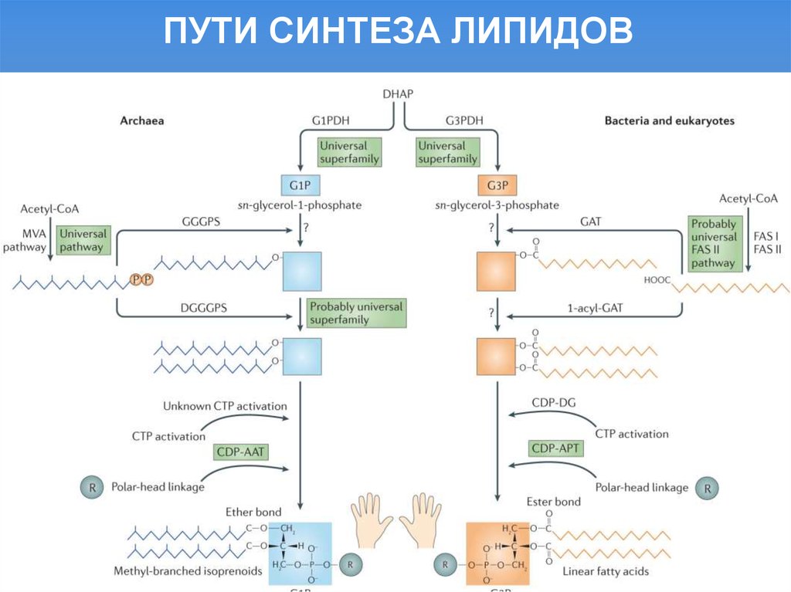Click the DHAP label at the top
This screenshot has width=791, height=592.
[x=398, y=93]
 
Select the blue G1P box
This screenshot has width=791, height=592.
[x=299, y=185]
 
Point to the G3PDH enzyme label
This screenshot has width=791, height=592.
[x=464, y=121]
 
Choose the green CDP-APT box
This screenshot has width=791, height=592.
[x=556, y=448]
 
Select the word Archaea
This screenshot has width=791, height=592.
[x=142, y=121]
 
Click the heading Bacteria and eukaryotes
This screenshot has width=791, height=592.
[x=669, y=121]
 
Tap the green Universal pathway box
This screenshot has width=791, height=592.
[x=82, y=240]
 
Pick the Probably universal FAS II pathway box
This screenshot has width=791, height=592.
[x=713, y=242]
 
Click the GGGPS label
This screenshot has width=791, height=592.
[x=204, y=221]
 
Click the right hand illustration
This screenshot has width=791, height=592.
[x=423, y=519]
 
